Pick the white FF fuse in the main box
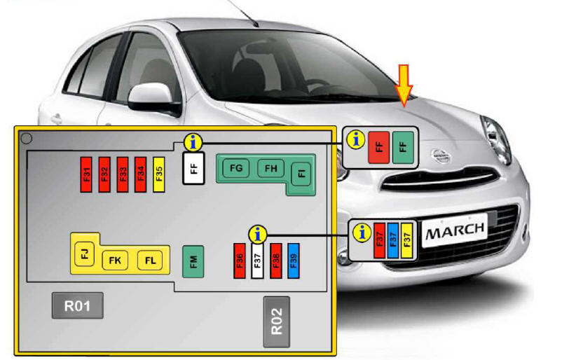(193, 169)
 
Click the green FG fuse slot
(236, 168)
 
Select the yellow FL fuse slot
(149, 261)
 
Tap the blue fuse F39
(294, 260)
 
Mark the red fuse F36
(240, 260)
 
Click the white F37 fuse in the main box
(257, 260)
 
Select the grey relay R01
(77, 305)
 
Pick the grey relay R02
(276, 321)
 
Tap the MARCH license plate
(453, 230)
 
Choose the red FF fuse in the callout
(378, 147)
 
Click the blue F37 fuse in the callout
(393, 240)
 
